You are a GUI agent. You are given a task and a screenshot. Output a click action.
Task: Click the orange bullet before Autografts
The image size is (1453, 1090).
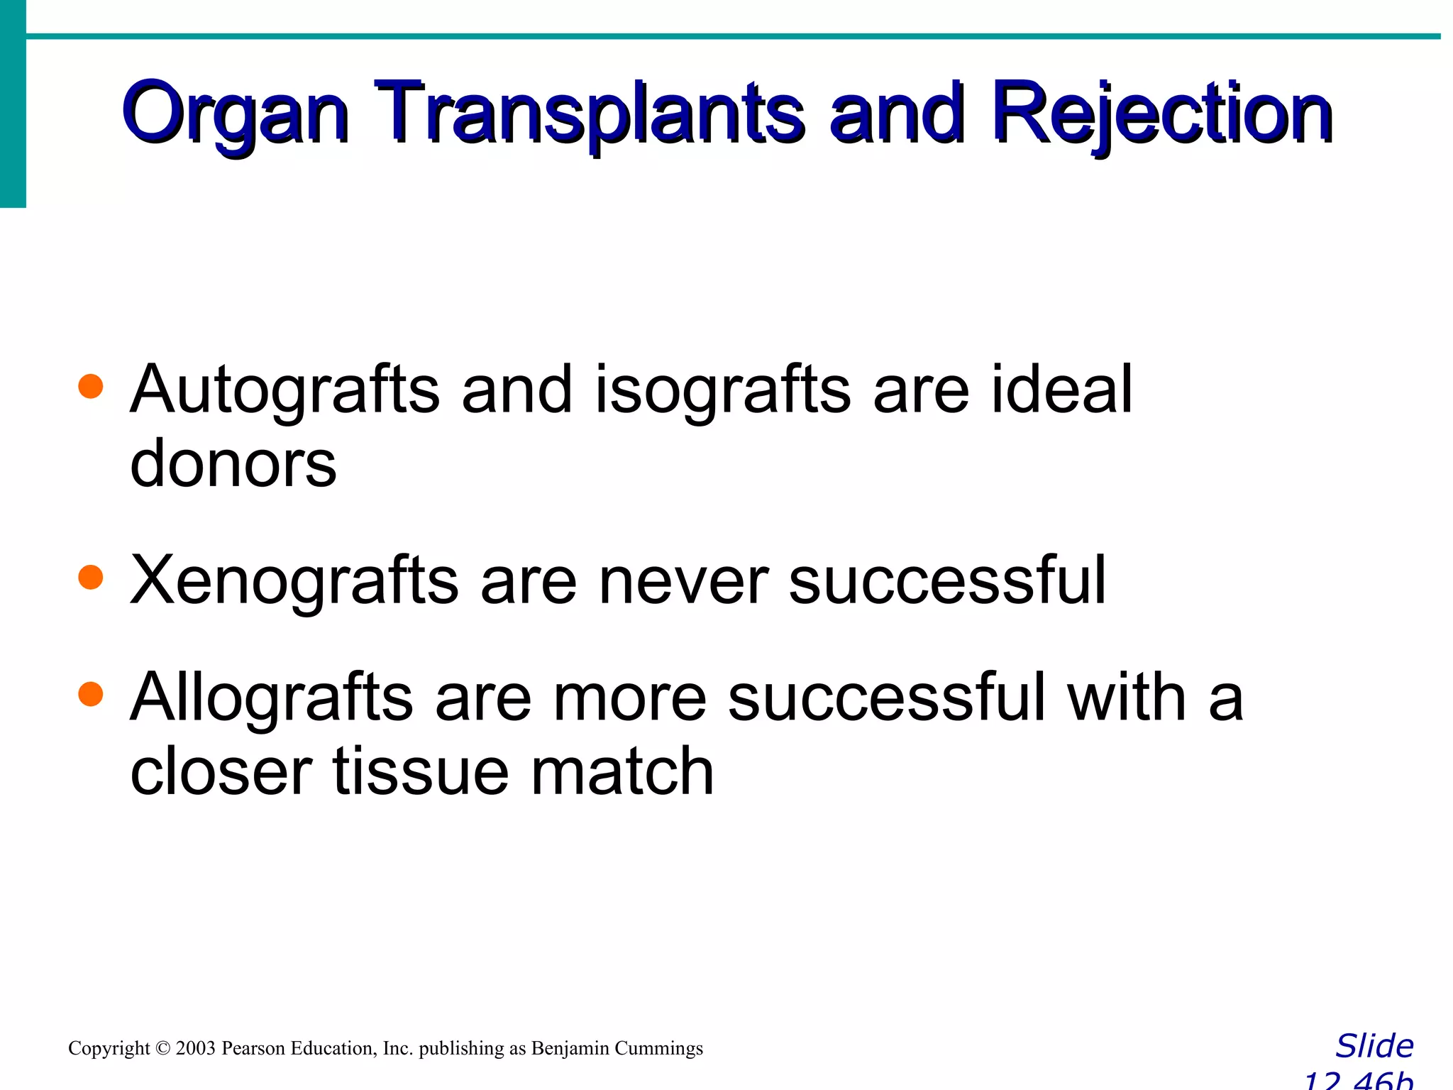[91, 387]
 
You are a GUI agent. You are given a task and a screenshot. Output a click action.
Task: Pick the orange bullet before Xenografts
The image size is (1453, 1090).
[91, 578]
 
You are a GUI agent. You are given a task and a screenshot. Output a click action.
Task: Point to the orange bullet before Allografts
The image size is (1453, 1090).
[91, 695]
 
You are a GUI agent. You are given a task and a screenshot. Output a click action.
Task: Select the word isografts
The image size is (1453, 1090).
[722, 390]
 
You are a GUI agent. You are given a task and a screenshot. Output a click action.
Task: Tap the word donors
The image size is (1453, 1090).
[233, 465]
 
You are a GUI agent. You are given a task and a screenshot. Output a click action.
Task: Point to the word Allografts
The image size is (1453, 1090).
[272, 698]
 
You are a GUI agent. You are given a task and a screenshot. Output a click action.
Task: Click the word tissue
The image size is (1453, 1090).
[420, 771]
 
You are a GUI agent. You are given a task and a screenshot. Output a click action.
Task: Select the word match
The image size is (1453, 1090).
[622, 771]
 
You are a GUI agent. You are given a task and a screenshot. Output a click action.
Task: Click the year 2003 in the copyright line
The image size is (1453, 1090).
[195, 1048]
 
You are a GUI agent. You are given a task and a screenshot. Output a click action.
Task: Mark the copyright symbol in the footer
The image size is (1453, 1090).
[163, 1048]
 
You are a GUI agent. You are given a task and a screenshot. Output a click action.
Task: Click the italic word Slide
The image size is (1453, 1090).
[1374, 1047]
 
